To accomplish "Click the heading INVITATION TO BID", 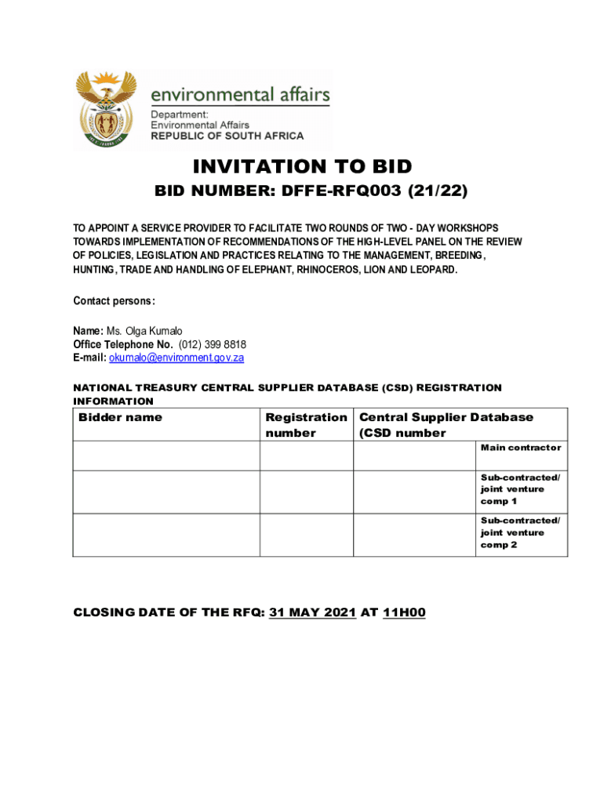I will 302,166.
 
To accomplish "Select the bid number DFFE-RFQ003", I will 356,191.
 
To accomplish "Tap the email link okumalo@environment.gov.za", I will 176,358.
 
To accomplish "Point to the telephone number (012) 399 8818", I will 213,344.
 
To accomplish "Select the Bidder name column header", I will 121,417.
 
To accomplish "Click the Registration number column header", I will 306,425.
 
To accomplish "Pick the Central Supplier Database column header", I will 446,425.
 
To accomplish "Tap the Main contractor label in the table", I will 521,448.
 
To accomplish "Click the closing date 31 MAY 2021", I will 312,613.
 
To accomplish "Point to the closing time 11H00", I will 404,613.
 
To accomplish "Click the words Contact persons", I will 114,301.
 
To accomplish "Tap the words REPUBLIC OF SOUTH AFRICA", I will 227,136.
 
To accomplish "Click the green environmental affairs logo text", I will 239,96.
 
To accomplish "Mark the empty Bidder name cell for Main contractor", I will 166,456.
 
